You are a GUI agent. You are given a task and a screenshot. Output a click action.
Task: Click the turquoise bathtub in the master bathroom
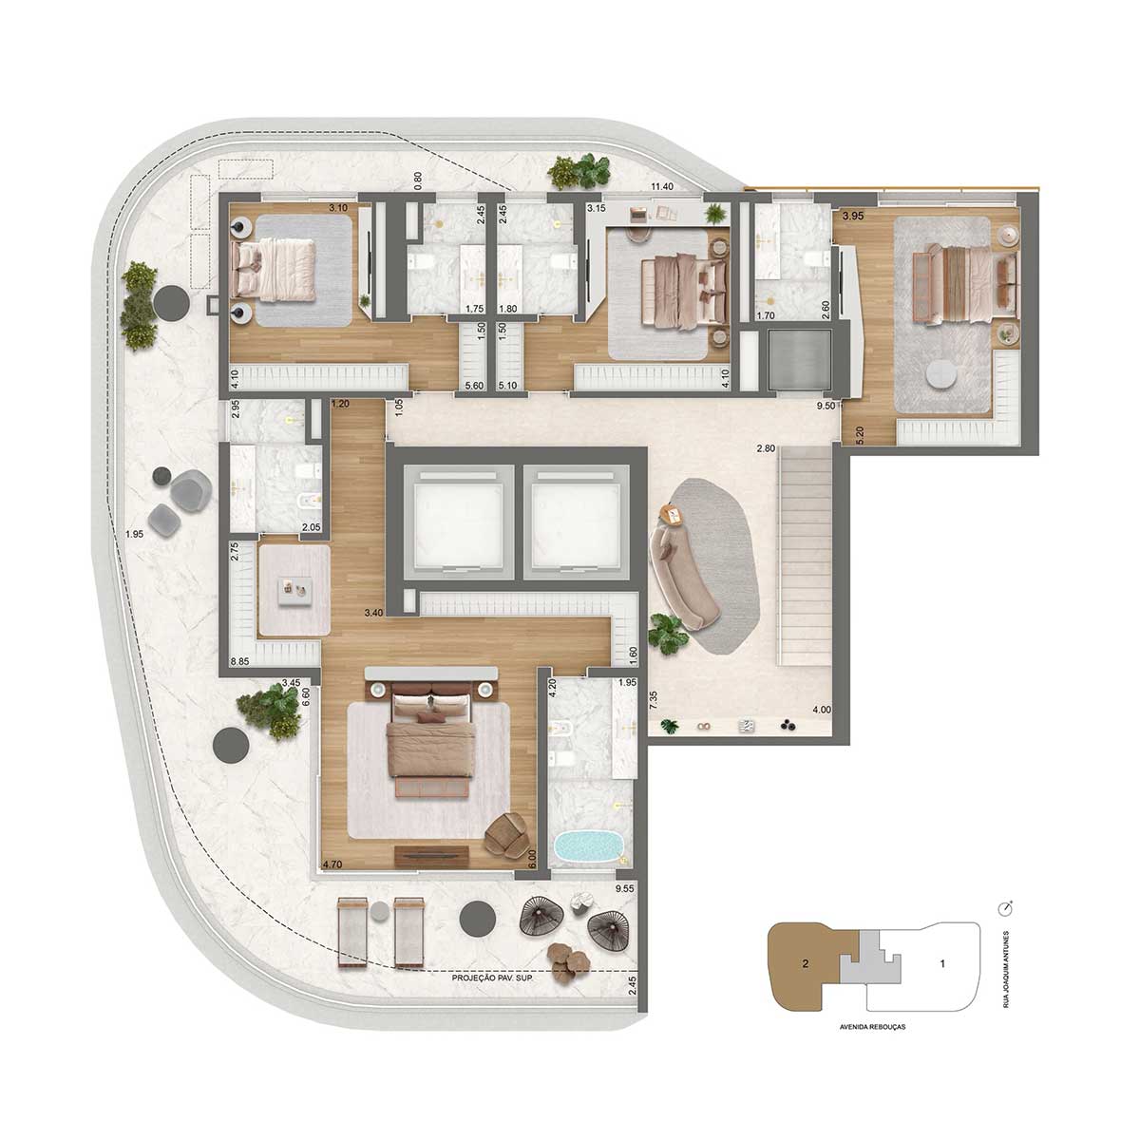(x=589, y=847)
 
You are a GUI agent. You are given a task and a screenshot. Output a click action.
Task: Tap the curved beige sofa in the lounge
(x=682, y=578)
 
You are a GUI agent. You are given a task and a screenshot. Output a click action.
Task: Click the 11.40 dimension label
(x=662, y=186)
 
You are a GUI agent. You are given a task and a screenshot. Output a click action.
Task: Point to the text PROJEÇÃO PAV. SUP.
(x=492, y=978)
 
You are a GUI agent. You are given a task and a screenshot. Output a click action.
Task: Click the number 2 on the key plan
(x=806, y=963)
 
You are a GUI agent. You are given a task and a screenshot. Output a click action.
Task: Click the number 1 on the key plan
(x=942, y=963)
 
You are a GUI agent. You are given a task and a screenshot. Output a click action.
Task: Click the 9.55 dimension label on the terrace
(x=625, y=888)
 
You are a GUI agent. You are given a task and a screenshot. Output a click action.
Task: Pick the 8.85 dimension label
(x=239, y=662)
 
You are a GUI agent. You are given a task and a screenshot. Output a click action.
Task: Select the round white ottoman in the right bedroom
(x=940, y=374)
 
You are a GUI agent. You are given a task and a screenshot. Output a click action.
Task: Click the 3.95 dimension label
(x=853, y=217)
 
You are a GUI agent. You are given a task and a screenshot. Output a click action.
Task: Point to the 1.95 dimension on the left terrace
(x=134, y=534)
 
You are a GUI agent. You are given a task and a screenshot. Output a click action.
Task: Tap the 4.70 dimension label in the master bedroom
(x=332, y=864)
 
